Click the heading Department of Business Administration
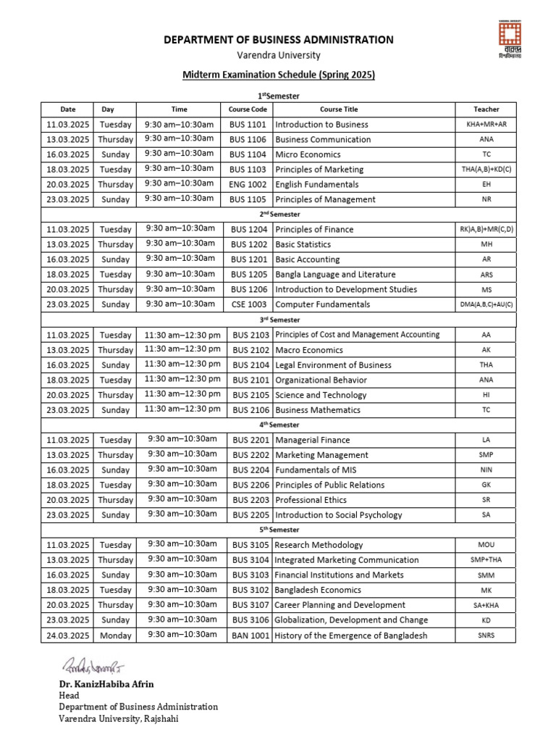279,40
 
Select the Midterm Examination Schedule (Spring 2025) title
279,75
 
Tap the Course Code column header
248,109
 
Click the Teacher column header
486,109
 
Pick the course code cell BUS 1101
248,125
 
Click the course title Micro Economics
308,154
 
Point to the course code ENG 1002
248,185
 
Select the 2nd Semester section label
279,214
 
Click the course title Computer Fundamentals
322,304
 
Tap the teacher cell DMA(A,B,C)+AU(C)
486,304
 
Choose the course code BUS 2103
250,335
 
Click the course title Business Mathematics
317,410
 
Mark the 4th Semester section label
279,425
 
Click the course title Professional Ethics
311,500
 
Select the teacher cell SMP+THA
486,560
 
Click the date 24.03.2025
67,635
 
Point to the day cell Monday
116,635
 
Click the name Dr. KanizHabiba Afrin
106,684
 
